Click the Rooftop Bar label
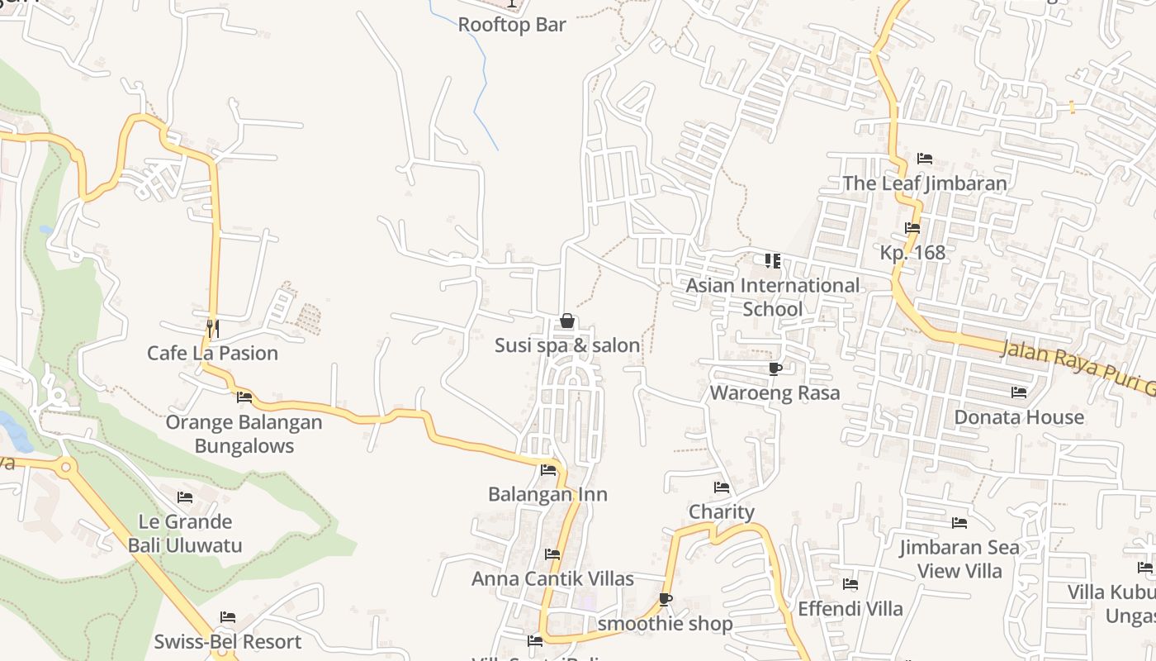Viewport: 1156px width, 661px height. tap(512, 25)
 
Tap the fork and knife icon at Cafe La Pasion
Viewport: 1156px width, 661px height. tap(212, 328)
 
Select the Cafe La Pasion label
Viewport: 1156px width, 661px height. tap(212, 354)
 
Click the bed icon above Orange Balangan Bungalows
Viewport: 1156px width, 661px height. tap(244, 397)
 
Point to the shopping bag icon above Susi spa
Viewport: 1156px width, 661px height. tap(567, 321)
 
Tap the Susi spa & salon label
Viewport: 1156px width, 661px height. tap(567, 345)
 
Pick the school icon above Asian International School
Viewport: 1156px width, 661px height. tap(773, 261)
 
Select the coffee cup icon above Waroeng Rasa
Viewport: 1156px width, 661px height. tap(775, 369)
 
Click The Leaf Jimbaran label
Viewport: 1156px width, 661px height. tap(925, 183)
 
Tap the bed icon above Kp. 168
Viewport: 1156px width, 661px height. tap(912, 228)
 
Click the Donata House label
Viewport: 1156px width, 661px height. tap(1019, 417)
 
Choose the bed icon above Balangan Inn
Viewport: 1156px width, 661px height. tap(548, 471)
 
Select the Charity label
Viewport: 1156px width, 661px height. tap(722, 512)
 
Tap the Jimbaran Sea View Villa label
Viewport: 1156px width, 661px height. tap(959, 559)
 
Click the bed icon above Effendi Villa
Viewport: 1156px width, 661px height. tap(850, 585)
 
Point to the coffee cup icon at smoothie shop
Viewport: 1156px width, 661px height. tap(666, 599)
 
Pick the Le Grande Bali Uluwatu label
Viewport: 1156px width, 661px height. tap(185, 534)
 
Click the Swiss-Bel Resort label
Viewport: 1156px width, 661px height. tap(228, 642)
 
